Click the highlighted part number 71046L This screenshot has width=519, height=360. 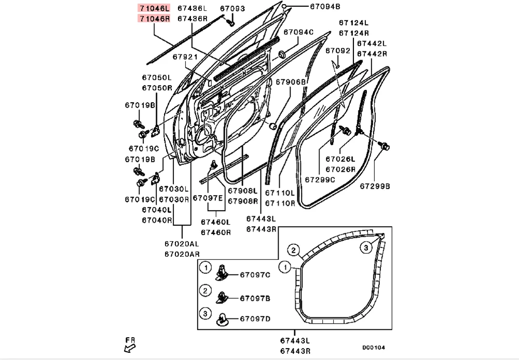coord(154,8)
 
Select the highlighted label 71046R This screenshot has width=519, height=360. coord(154,18)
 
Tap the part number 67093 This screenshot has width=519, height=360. coord(232,8)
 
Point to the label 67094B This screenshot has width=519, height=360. coord(325,7)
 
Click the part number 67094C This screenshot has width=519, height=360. coord(297,32)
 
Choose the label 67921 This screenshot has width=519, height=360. coord(185,57)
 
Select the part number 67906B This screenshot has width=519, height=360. coord(291,81)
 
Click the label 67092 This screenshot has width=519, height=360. coord(338,51)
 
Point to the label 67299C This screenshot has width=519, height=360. coord(320,179)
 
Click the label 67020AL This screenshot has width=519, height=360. coord(182,244)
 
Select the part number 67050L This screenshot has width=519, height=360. coord(157,78)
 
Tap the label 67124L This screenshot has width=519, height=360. coord(354,23)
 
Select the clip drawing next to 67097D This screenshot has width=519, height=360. coord(223,316)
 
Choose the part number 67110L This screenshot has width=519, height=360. coord(280,193)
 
